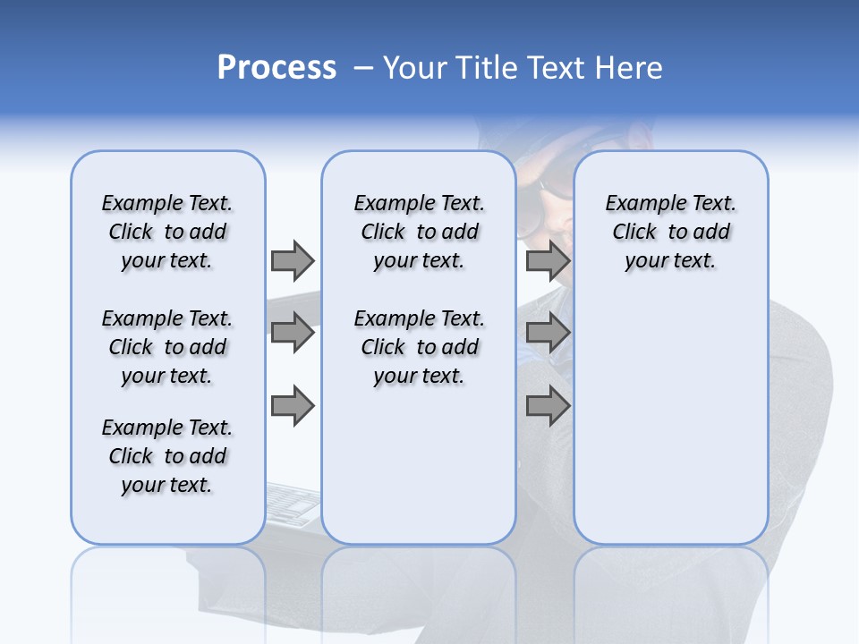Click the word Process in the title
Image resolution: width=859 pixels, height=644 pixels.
click(x=276, y=68)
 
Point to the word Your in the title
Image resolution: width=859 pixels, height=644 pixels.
click(x=415, y=68)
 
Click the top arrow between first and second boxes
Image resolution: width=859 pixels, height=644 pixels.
click(x=293, y=260)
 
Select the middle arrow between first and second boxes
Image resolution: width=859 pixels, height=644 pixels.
click(x=293, y=334)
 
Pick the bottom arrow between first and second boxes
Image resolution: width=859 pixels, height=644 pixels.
click(x=293, y=406)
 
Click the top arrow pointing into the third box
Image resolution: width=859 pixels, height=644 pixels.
click(x=548, y=260)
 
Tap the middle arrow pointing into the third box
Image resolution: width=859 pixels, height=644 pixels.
click(x=548, y=334)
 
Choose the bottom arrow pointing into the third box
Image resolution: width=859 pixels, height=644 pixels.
click(x=548, y=406)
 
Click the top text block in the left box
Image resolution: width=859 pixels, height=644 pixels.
click(x=167, y=232)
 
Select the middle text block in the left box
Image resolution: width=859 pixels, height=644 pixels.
click(x=167, y=347)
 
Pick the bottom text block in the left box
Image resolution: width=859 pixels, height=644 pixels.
click(x=167, y=456)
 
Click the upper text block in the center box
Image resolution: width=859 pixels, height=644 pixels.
click(x=419, y=232)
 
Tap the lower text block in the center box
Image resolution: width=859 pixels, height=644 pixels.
click(x=419, y=347)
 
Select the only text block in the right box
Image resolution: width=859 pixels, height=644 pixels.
click(x=670, y=232)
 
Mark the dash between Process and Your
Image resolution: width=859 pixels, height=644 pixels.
click(x=363, y=68)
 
